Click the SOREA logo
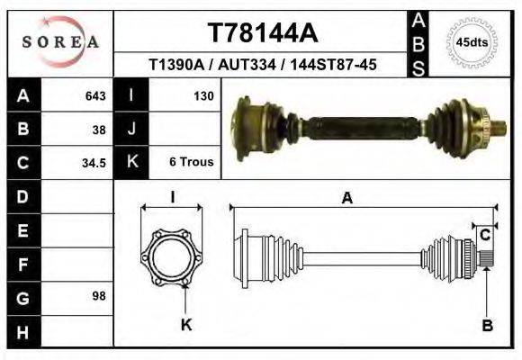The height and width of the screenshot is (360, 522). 60,42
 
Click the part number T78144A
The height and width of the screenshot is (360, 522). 263,33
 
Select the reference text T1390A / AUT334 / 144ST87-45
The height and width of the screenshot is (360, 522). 263,65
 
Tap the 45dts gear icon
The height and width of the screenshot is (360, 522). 472,42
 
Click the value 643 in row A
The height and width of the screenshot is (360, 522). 95,94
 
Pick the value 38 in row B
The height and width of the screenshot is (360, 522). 99,129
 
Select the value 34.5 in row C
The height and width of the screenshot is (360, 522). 94,163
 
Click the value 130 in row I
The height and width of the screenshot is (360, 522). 202,94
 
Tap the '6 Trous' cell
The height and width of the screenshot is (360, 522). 191,163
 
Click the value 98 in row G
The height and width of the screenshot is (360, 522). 99,296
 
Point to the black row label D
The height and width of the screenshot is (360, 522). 22,195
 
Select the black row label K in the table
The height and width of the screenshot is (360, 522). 132,163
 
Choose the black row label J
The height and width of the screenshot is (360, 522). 132,129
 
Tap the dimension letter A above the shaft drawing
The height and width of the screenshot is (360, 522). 346,199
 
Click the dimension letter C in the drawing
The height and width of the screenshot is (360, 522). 484,236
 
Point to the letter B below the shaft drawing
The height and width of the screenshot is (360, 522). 487,326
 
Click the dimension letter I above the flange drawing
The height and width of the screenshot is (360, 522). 173,197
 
